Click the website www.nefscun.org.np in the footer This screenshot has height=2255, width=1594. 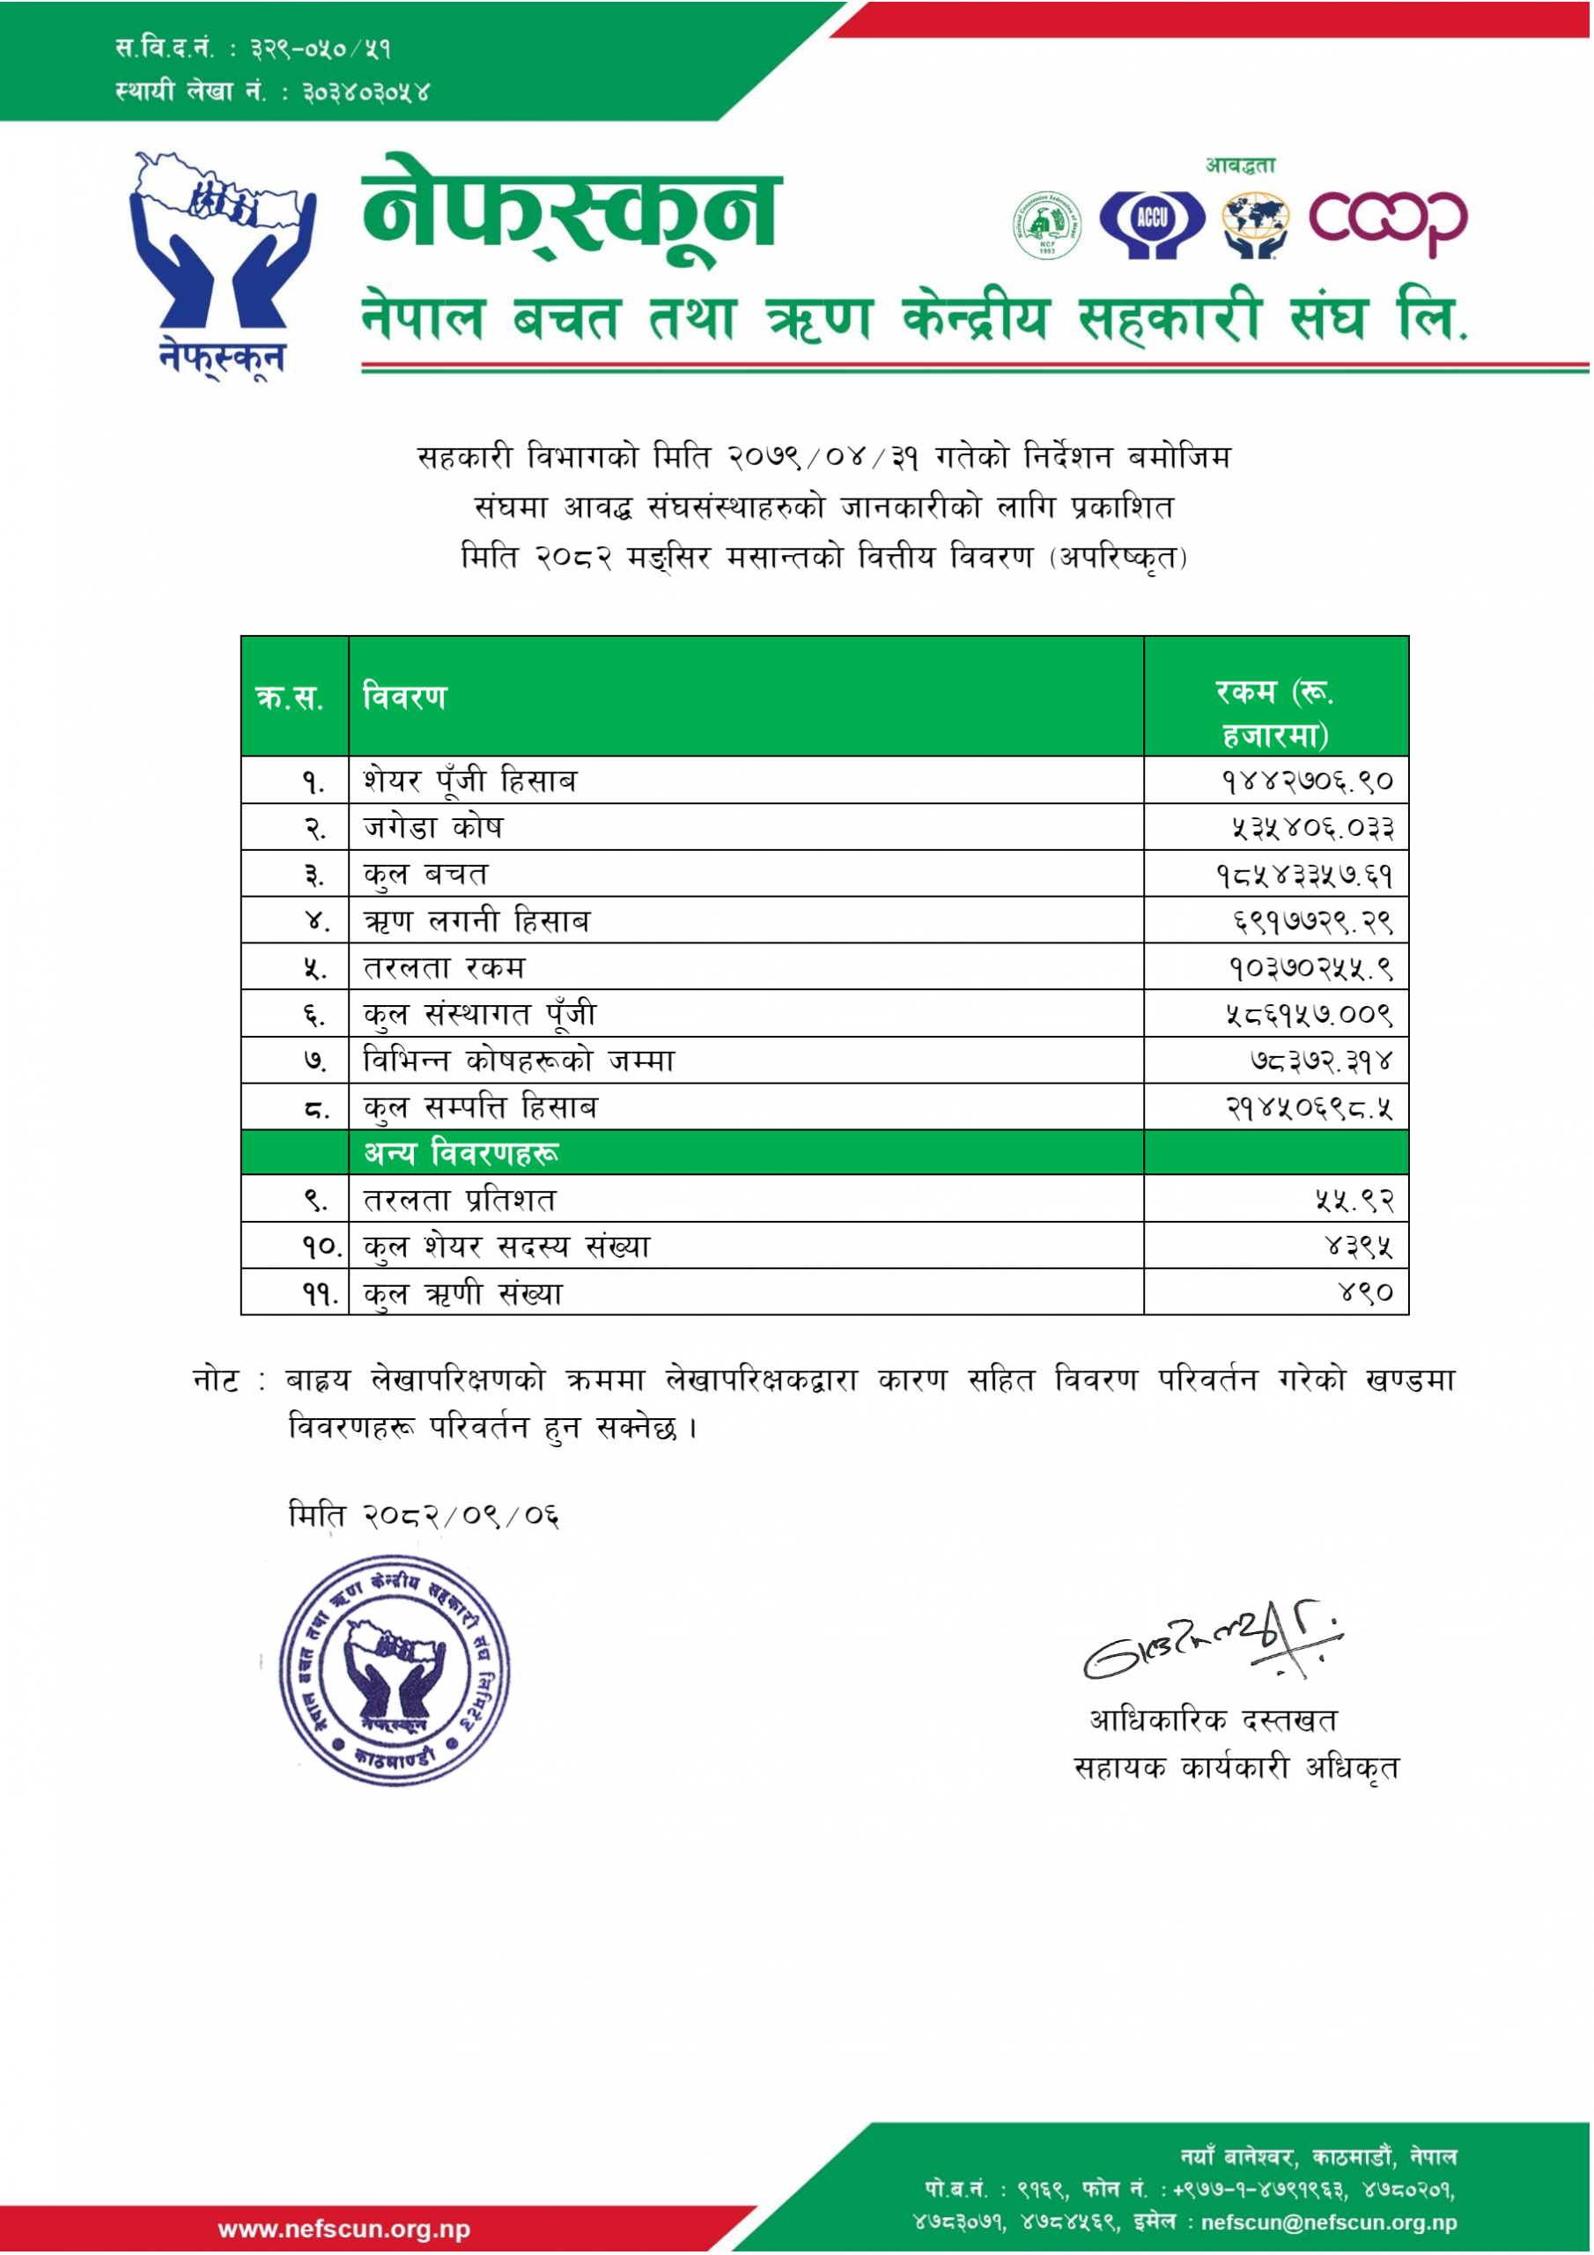[x=343, y=2229]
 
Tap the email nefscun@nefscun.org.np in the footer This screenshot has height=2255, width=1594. [x=1329, y=2222]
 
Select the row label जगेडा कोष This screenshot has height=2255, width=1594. [x=433, y=827]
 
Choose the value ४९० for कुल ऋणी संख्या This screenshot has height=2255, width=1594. [x=1365, y=1292]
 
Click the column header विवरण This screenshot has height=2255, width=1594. [x=404, y=698]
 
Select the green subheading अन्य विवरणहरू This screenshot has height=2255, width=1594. [x=461, y=1153]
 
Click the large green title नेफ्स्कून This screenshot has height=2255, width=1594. [x=570, y=214]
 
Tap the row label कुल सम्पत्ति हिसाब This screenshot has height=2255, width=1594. [x=480, y=1108]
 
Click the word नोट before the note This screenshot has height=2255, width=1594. [x=216, y=1381]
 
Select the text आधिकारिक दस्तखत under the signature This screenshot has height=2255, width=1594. [x=1212, y=1719]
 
